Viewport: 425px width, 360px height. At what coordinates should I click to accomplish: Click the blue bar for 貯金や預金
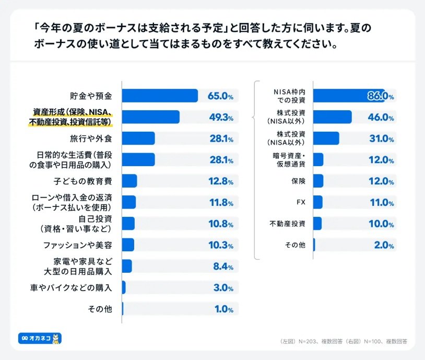click(x=160, y=96)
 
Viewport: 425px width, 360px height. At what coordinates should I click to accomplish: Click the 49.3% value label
click(x=221, y=118)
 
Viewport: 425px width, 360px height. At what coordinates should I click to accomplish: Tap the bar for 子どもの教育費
click(x=129, y=181)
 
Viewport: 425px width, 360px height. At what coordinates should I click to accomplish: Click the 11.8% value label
click(x=221, y=203)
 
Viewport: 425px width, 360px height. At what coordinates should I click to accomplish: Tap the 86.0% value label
click(x=380, y=96)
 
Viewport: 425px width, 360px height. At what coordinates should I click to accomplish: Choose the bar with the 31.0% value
click(x=326, y=138)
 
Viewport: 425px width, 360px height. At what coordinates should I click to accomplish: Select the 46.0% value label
click(x=380, y=117)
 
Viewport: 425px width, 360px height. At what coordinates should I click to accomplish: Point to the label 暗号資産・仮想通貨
click(x=287, y=160)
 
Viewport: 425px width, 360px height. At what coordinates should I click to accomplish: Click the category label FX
click(x=300, y=202)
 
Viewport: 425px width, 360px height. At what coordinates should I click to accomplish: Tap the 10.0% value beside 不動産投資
click(x=380, y=224)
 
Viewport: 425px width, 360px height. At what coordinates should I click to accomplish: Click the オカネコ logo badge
click(x=40, y=339)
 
